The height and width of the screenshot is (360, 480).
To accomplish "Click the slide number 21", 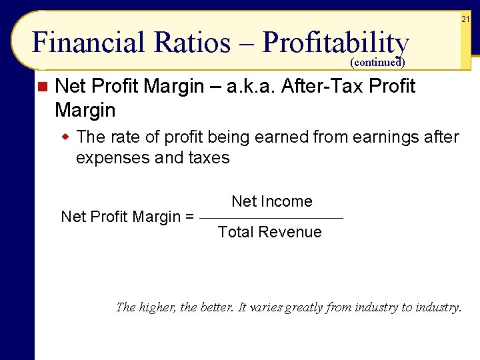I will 466,20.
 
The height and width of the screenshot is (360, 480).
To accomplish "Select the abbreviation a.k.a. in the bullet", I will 254,86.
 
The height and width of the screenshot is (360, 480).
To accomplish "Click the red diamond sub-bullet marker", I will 65,137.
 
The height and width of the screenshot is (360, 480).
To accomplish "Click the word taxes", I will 207,158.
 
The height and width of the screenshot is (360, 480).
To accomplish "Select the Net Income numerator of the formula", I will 272,201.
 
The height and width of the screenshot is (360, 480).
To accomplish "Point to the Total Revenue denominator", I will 270,232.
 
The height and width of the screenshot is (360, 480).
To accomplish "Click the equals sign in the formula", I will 189,217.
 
